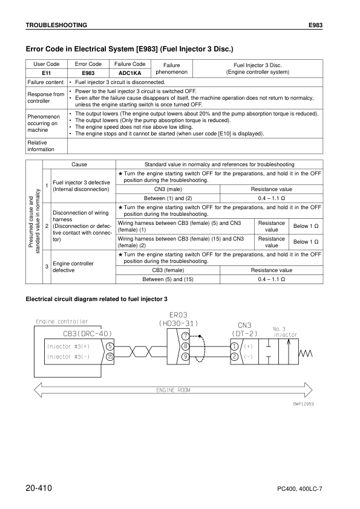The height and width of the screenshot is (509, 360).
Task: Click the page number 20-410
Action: (x=43, y=487)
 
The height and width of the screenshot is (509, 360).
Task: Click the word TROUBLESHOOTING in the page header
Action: (x=56, y=25)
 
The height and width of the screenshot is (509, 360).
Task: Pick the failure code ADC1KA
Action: (x=129, y=73)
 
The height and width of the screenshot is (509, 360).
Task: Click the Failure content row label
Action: (x=45, y=82)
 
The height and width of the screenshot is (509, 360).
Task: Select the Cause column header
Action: (x=79, y=164)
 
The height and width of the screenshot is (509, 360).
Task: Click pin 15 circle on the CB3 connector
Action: (x=110, y=357)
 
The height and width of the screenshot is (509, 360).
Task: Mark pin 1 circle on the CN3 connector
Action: (x=234, y=346)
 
